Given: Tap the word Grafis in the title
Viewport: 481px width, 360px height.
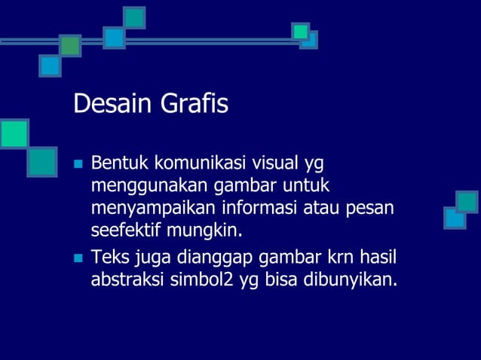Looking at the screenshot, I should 192,105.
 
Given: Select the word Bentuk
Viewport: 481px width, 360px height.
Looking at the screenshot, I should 119,163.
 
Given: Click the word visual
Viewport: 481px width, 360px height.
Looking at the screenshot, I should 273,163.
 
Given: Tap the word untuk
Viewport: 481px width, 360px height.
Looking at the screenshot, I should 310,185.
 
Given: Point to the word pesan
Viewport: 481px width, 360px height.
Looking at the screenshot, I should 372,207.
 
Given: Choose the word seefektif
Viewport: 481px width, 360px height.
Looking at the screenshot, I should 124,229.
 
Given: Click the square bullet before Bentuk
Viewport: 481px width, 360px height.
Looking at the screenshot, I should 77,163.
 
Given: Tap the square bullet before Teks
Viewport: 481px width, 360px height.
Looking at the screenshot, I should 77,259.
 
